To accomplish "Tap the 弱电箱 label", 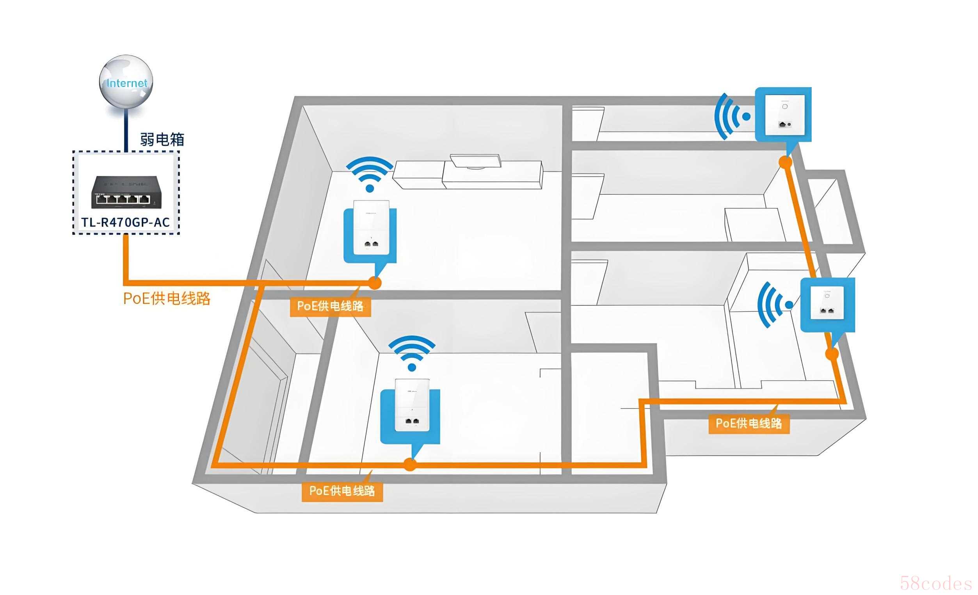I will [162, 139].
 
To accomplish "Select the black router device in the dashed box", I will [126, 193].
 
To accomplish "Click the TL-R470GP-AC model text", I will [126, 222].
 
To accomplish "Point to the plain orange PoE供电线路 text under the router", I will [167, 298].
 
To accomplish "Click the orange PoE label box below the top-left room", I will [330, 306].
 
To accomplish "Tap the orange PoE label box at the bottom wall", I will [342, 491].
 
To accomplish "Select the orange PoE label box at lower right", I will [749, 423].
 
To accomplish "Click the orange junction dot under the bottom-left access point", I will [410, 464].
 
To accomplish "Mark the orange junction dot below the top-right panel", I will [785, 162].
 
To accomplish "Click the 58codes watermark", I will [935, 583].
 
